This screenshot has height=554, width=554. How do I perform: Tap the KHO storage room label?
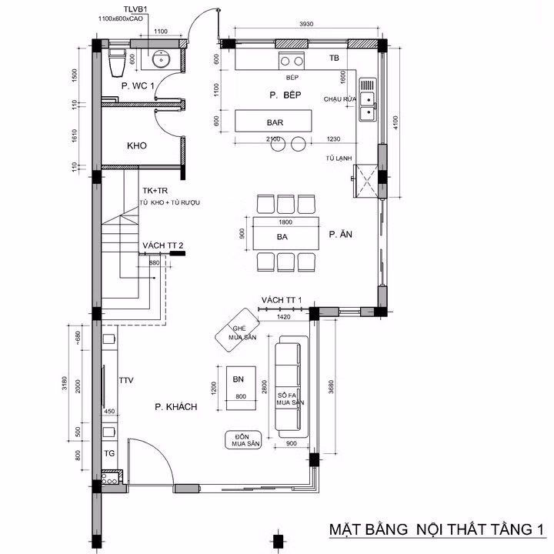point(136,145)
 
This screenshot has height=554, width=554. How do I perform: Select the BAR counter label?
point(275,123)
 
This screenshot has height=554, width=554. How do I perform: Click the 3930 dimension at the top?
point(306,25)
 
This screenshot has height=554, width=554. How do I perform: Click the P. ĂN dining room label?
point(339,235)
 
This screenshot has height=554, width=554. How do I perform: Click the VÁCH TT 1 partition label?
point(281,300)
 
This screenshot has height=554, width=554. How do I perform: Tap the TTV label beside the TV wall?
point(126,381)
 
